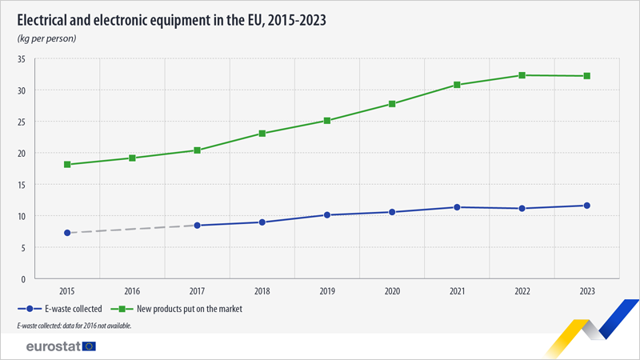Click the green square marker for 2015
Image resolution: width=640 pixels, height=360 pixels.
pyautogui.click(x=67, y=165)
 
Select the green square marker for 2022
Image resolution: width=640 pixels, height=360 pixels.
pyautogui.click(x=522, y=75)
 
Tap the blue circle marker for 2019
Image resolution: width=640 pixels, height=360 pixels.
pyautogui.click(x=327, y=215)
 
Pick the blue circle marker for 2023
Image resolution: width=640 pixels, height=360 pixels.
pyautogui.click(x=587, y=206)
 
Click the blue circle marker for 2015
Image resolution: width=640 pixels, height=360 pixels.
pyautogui.click(x=67, y=233)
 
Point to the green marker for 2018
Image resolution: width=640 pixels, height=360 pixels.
pyautogui.click(x=262, y=134)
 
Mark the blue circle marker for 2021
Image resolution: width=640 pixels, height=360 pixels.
pyautogui.click(x=457, y=207)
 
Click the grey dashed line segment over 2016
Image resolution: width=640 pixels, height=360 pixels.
pyautogui.click(x=132, y=229)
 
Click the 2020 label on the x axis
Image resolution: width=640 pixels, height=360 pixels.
pyautogui.click(x=392, y=290)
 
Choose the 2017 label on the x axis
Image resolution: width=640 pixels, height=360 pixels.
pyautogui.click(x=197, y=290)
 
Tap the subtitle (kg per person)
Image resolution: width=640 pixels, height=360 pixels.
pyautogui.click(x=46, y=38)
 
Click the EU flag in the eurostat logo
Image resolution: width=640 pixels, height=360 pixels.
pyautogui.click(x=88, y=346)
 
